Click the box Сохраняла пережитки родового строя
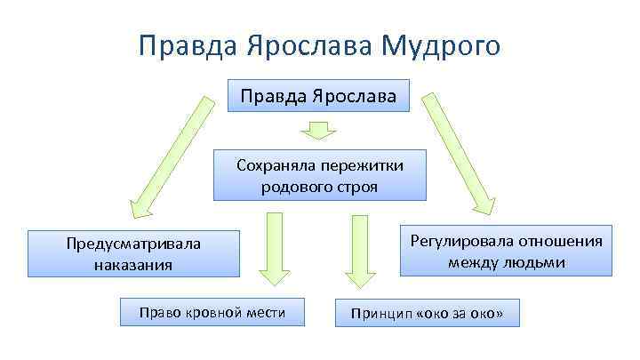click(319, 175)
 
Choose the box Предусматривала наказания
click(134, 254)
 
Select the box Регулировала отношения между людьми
click(506, 251)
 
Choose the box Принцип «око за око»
click(427, 314)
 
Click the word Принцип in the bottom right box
click(380, 314)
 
